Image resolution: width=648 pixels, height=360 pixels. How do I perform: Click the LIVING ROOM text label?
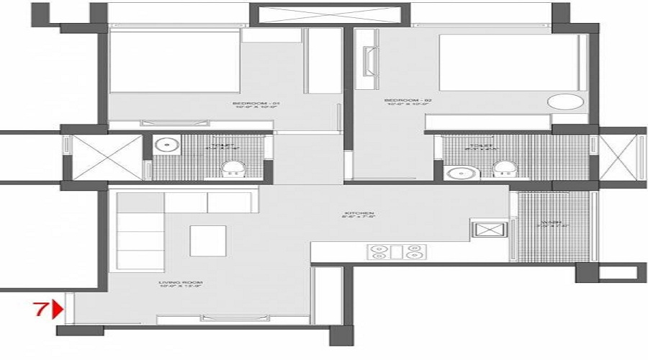point(182,284)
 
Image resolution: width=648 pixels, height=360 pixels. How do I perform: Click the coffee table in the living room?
point(208,240)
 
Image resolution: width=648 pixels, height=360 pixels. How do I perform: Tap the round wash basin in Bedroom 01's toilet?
point(167,145)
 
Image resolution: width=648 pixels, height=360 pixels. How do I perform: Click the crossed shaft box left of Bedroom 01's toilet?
point(101,156)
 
